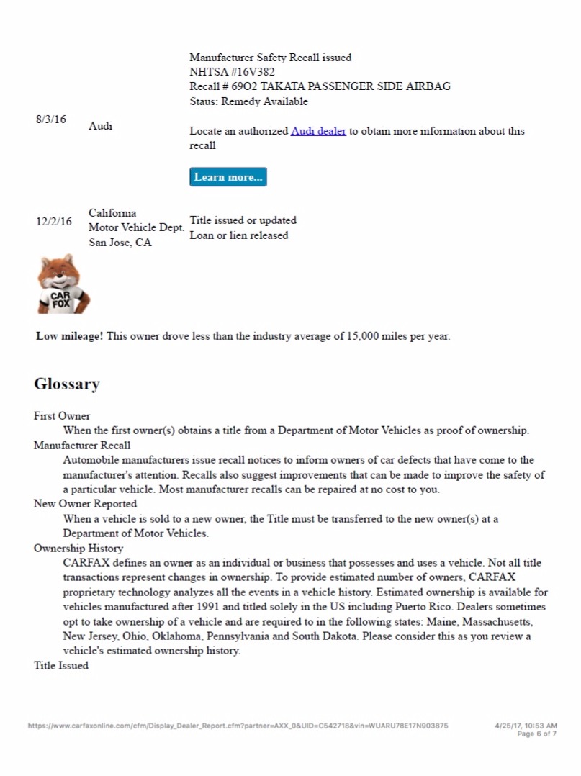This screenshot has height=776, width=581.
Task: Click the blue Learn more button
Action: pos(228,177)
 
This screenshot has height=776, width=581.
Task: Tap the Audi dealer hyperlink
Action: pos(318,131)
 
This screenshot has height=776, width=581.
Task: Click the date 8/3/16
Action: pos(50,119)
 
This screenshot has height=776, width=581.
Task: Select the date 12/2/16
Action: pos(54,222)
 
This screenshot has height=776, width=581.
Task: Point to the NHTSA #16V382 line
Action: pos(232,72)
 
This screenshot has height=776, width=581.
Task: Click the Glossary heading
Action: pos(67,384)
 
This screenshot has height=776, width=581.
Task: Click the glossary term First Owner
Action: pos(62,416)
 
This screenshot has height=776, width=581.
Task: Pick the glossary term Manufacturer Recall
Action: pos(82,446)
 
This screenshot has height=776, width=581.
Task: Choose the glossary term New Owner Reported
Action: pos(85,504)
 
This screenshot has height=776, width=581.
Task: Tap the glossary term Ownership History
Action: pos(78,548)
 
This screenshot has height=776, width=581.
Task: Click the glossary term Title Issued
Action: pos(61,666)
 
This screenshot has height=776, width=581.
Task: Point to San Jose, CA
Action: pos(120,243)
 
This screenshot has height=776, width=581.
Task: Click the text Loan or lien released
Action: pos(239,235)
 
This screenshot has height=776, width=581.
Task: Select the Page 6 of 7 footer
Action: pos(536,734)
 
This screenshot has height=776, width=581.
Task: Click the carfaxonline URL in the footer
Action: pos(238,726)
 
